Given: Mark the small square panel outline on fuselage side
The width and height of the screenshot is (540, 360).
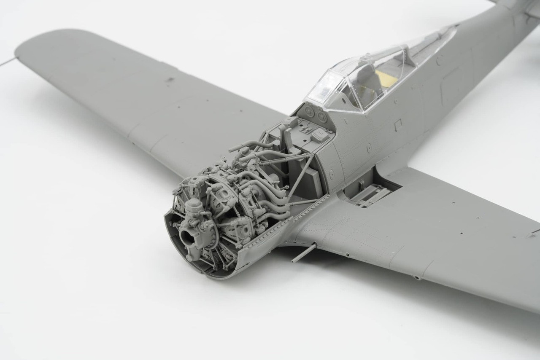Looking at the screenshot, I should coord(397,124).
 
